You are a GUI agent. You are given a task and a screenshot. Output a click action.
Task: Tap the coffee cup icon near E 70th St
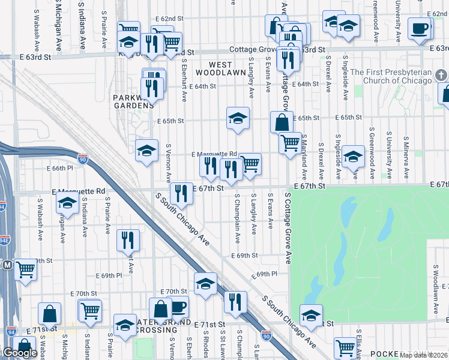[x=178, y=307]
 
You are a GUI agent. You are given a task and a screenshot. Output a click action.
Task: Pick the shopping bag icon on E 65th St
[x=282, y=122]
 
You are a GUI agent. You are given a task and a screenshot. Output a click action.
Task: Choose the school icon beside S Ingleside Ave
[x=354, y=156]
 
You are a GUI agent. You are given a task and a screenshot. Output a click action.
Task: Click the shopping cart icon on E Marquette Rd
[x=250, y=163]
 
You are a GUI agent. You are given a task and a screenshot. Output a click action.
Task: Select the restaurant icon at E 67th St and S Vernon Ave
[x=181, y=193]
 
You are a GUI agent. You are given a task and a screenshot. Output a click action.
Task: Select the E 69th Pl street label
[x=265, y=274]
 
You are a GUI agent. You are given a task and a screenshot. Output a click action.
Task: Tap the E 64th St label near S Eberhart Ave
[x=203, y=86]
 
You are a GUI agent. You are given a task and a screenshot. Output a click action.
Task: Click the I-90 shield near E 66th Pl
[x=83, y=159]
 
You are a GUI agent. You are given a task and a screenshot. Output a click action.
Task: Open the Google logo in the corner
[x=19, y=353]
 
